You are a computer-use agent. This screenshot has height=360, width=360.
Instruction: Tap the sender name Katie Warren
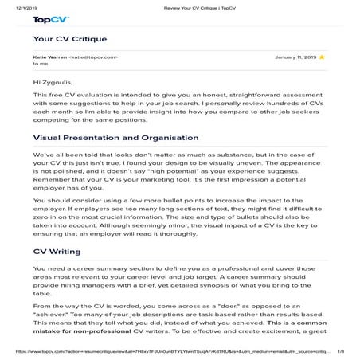[49, 57]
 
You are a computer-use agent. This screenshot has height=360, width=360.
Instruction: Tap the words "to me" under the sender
[40, 65]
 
